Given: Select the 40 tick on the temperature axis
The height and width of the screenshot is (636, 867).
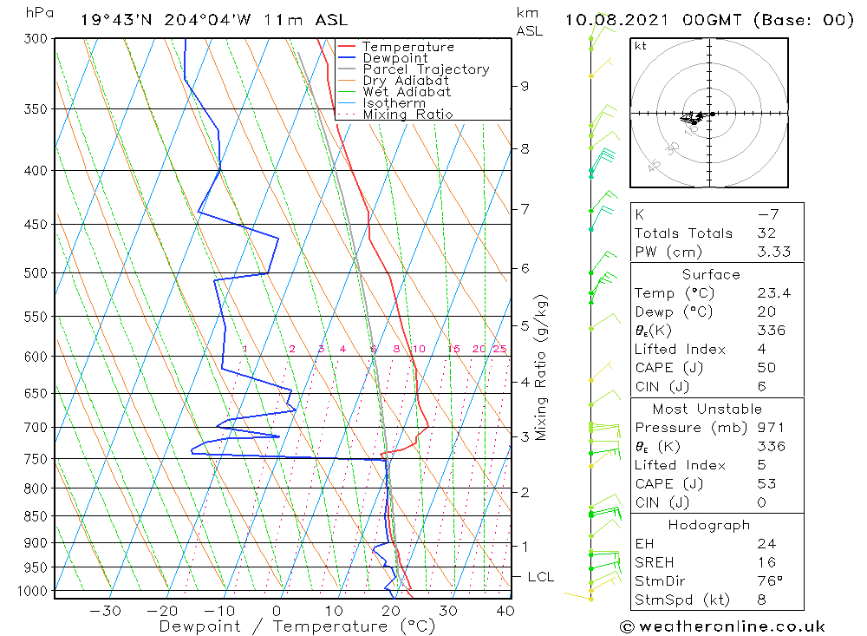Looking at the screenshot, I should click(505, 611).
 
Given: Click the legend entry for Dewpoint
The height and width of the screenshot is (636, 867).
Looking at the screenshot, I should click(394, 58).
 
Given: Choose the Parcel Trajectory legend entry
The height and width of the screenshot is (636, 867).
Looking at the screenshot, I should click(425, 69).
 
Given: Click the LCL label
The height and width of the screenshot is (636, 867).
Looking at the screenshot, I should click(540, 577).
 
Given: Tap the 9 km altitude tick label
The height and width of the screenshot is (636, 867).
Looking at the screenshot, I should click(525, 86).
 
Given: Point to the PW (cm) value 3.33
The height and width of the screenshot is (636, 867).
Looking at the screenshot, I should click(773, 252).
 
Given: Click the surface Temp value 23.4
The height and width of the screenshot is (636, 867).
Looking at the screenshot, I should click(773, 293).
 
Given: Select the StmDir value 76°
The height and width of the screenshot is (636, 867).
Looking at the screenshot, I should click(770, 580).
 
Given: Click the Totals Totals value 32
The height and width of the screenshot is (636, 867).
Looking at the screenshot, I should click(766, 233).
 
